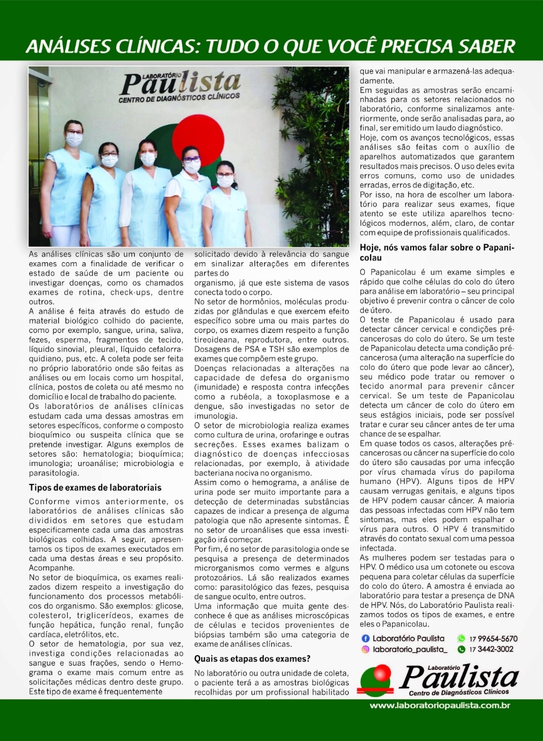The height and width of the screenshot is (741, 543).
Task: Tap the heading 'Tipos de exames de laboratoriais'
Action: coord(95,488)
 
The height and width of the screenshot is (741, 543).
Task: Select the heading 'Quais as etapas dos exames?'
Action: coord(253,658)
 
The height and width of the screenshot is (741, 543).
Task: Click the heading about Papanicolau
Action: coord(437,252)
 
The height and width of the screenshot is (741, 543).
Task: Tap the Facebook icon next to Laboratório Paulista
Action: coord(365,639)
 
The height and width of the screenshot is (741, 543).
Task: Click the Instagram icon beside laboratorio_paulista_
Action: coord(365,650)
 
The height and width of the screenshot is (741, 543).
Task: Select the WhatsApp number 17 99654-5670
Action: coord(493,639)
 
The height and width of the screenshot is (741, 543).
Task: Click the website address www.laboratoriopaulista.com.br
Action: coord(439,706)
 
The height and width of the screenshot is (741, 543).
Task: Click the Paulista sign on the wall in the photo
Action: coord(180,83)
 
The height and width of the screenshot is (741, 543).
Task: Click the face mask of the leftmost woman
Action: coord(74,140)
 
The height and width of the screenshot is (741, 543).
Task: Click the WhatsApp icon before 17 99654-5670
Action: coord(461,639)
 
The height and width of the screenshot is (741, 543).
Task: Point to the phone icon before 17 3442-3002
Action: coord(461,650)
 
